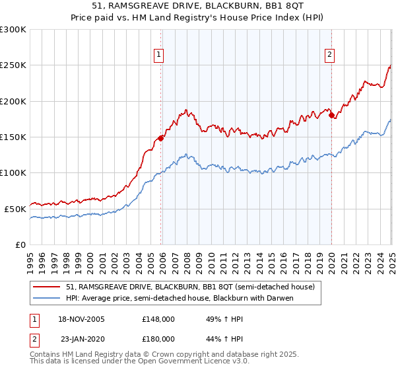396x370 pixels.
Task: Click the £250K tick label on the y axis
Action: tap(13, 65)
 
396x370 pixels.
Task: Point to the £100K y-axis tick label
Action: tap(13, 173)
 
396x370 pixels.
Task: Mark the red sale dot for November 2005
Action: tap(160, 139)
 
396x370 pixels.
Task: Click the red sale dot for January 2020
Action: tap(331, 116)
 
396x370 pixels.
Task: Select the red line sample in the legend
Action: tap(47, 287)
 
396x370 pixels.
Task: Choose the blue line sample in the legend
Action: tap(47, 298)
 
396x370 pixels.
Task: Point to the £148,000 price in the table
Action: tap(158, 319)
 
